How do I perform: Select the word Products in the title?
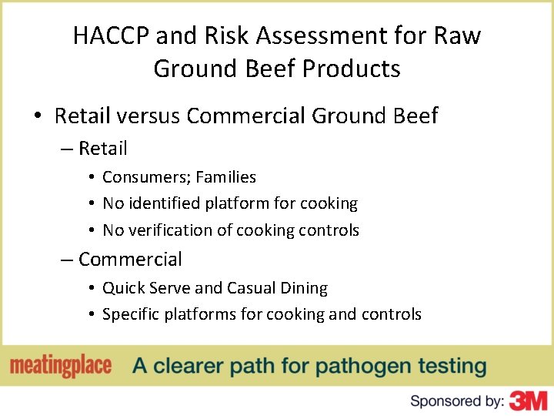(352, 69)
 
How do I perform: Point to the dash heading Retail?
(102, 148)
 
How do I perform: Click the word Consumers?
(146, 177)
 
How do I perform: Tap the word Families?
(225, 177)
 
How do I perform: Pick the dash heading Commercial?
(129, 259)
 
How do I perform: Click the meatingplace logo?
(61, 366)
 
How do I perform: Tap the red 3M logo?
(529, 400)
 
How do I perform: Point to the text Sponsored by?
(457, 401)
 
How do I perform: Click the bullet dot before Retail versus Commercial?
(37, 117)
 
